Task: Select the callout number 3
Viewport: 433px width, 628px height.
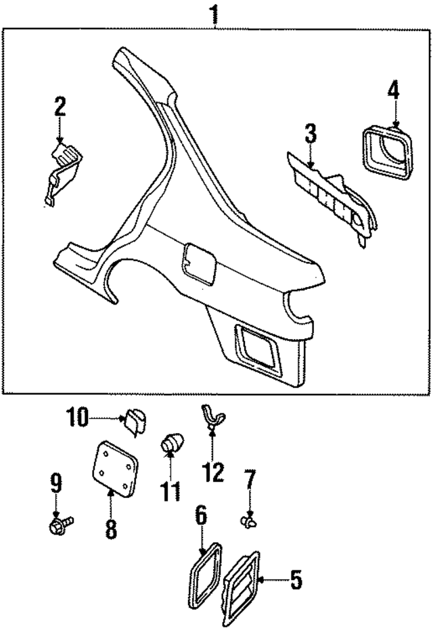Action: [310, 133]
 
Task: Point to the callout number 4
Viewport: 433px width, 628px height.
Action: [394, 89]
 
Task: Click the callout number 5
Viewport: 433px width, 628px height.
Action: [295, 580]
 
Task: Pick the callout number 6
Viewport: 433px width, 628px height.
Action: [201, 516]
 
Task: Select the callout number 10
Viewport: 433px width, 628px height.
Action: [77, 418]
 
